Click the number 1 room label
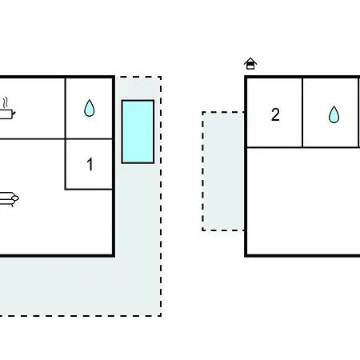90,164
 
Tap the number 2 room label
275,115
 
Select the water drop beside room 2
334,114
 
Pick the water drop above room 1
90,108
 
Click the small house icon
250,64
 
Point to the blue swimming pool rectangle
138,132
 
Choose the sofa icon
8,199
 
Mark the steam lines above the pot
5,102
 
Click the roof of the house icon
250,61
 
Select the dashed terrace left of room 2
223,171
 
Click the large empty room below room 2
303,201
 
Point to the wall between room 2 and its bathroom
302,113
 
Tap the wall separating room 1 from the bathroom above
89,139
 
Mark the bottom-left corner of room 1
66,189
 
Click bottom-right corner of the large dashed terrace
161,316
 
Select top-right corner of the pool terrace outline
161,77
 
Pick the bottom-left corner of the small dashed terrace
203,230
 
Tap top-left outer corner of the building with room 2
246,77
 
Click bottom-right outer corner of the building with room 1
114,256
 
